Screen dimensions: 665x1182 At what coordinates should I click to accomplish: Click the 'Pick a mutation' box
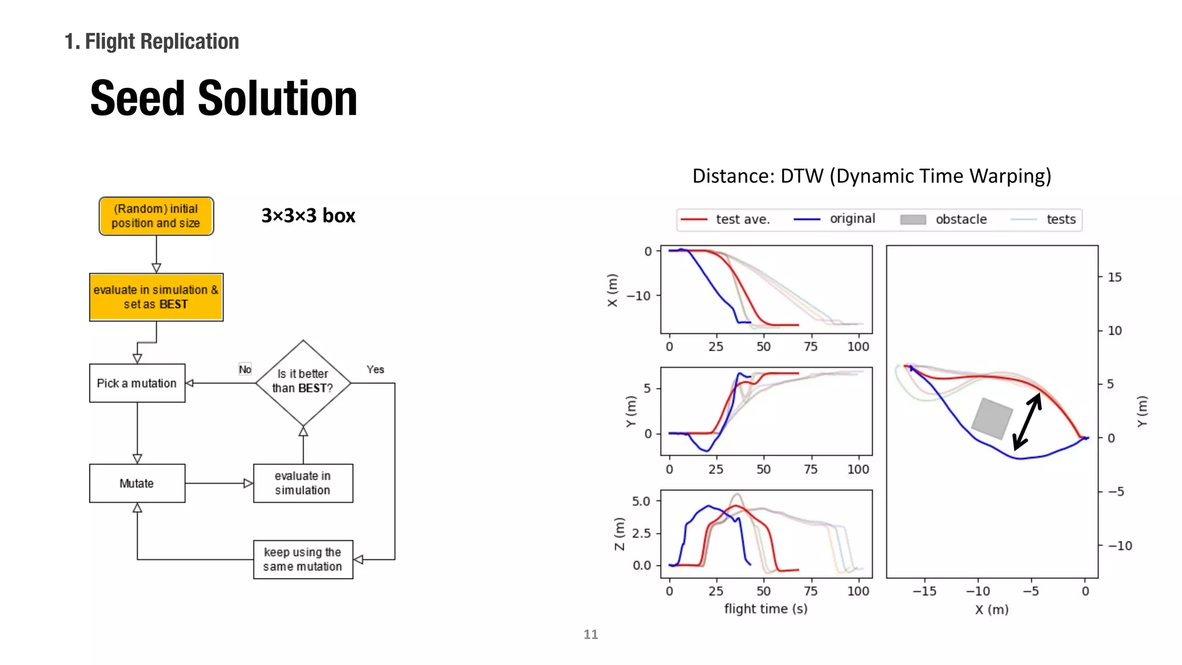coord(137,383)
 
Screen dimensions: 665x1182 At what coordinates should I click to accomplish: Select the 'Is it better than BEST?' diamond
coord(303,382)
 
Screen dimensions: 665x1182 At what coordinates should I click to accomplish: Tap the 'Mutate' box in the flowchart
coord(137,483)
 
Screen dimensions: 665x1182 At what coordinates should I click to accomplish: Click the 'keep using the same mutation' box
coord(303,559)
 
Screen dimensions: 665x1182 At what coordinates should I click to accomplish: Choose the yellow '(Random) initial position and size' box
coord(156,216)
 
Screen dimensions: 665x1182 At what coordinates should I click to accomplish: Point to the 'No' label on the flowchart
coord(245,369)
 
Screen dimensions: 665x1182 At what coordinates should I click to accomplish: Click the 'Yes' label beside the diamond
coord(375,369)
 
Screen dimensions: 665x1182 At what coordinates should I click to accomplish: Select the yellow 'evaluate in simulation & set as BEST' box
coord(156,297)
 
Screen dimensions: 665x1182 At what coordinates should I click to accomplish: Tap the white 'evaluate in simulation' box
coord(303,483)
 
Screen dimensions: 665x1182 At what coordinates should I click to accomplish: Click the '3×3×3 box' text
coord(308,216)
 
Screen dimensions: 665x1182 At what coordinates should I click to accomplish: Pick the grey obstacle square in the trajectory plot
coord(992,418)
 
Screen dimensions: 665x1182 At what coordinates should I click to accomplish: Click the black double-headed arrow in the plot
coord(1027,421)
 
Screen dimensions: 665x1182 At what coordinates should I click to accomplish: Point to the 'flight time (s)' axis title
coord(766,609)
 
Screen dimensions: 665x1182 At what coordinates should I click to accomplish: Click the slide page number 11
coord(590,634)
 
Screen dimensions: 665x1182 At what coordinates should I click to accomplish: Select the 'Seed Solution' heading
coord(224,98)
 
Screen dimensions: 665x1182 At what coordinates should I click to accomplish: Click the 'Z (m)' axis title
coord(619,533)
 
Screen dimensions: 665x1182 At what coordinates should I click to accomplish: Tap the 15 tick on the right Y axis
coord(1114,277)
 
